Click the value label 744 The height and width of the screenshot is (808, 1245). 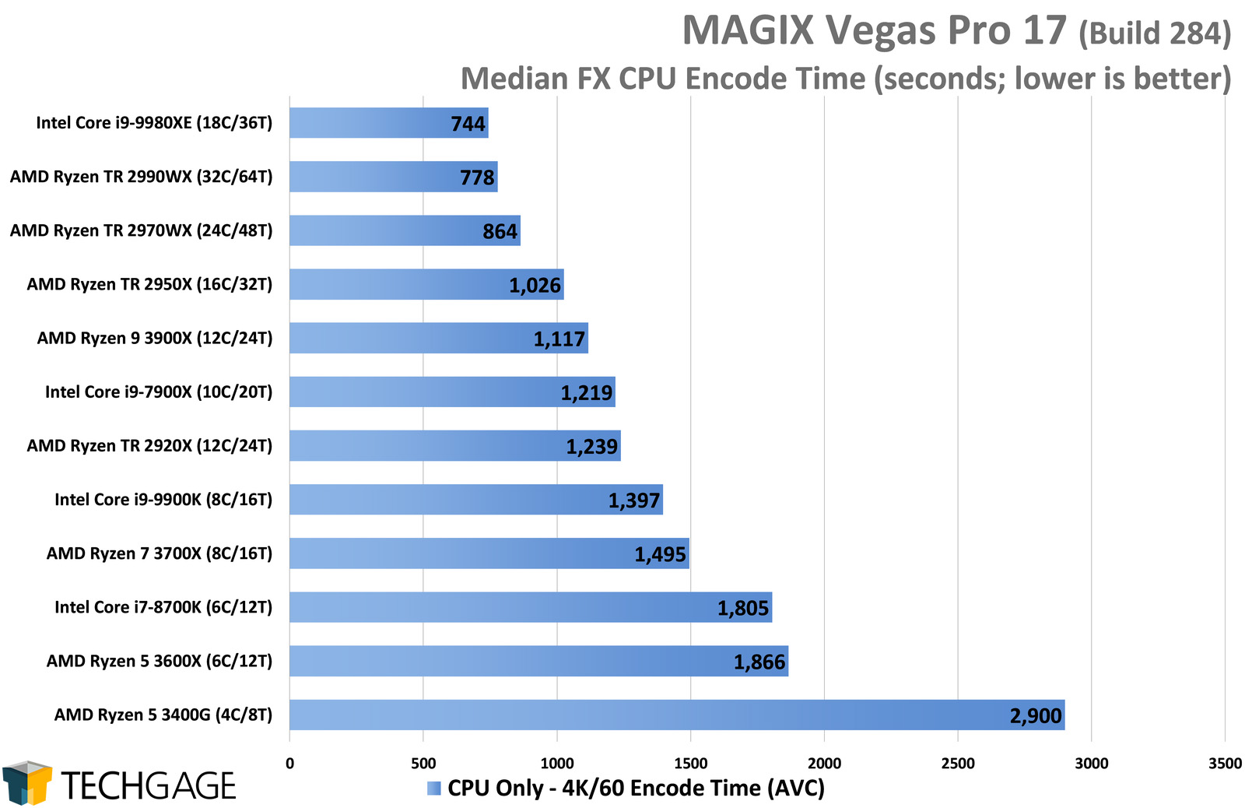468,124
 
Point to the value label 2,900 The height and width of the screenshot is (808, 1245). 1035,716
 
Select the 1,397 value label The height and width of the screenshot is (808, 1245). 633,501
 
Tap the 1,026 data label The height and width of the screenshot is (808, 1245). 535,286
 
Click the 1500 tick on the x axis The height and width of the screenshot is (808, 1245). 690,764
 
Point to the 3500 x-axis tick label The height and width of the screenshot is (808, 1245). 1225,764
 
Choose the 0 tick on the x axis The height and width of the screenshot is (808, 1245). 289,764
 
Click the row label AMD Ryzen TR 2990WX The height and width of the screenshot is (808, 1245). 142,177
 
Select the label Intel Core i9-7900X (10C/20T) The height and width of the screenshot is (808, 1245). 159,392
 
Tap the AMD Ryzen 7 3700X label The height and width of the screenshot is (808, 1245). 160,553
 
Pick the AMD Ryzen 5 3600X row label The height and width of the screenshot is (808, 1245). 160,661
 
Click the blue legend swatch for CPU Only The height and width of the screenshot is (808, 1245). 434,789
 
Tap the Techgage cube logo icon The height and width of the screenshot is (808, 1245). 27,782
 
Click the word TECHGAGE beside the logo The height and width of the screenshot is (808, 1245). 148,786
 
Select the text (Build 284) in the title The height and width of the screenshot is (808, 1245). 1155,33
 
